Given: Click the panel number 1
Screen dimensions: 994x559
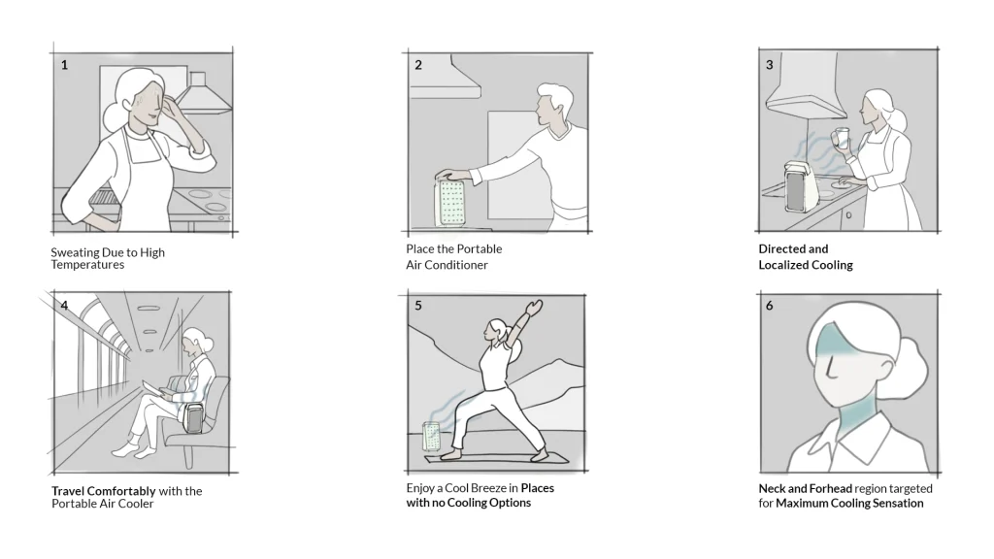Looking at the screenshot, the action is click(x=64, y=65).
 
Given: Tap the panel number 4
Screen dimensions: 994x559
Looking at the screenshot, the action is click(x=64, y=306).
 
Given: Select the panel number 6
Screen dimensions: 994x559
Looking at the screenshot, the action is click(x=769, y=306).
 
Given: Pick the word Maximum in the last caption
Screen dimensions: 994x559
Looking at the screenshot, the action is click(x=800, y=504).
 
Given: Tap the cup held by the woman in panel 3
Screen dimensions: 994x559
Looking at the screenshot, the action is click(x=842, y=139).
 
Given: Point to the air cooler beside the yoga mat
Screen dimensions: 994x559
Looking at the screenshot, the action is click(x=432, y=438).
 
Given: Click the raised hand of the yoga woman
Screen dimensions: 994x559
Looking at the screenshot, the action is click(x=535, y=308).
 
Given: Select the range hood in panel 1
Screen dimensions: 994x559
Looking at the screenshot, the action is click(x=203, y=96).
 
